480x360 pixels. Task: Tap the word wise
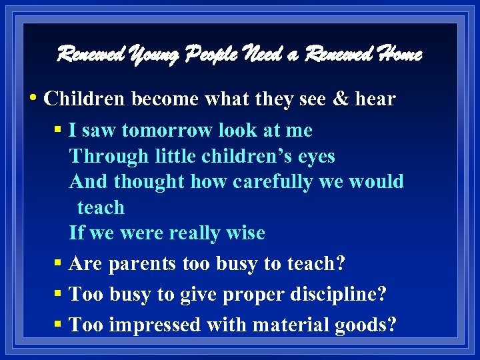point(247,233)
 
